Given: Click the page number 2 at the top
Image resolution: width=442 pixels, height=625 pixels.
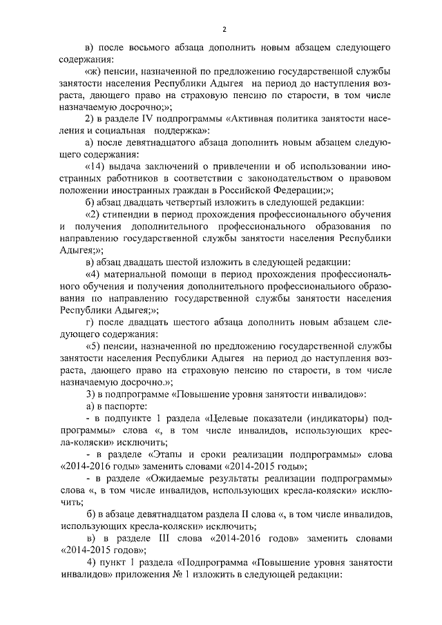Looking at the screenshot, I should (225, 29).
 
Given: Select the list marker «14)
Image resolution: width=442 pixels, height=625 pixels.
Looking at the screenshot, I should (97, 166).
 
